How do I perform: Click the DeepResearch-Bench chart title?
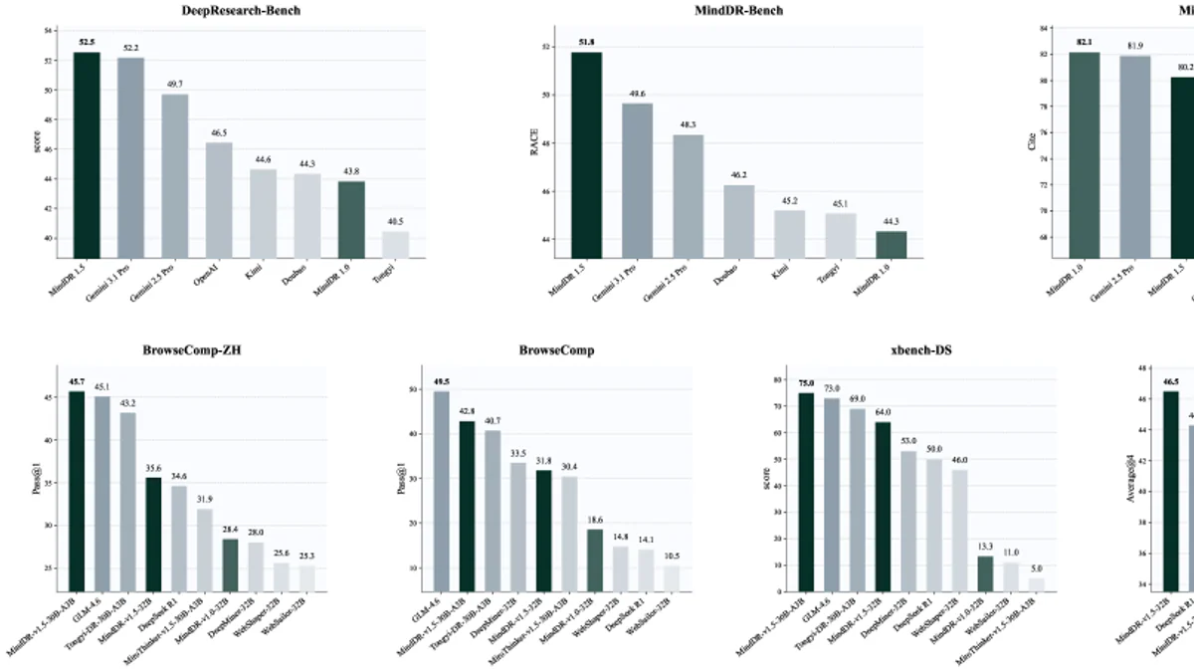240,11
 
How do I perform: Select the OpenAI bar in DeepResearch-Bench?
219,199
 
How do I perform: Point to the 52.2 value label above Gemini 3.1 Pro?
130,48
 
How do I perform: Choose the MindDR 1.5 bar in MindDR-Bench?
585,154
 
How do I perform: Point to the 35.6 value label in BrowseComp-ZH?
153,469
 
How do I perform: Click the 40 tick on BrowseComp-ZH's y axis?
52,440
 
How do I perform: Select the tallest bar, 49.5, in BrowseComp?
442,489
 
